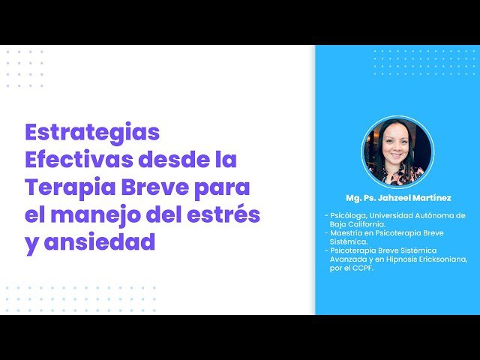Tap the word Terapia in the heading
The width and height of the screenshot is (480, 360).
(70, 187)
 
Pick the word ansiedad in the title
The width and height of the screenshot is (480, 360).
(100, 241)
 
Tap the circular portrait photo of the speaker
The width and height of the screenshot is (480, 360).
(397, 152)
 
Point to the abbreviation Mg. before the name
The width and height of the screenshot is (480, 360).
(353, 198)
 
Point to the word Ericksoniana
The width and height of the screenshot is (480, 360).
(443, 259)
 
